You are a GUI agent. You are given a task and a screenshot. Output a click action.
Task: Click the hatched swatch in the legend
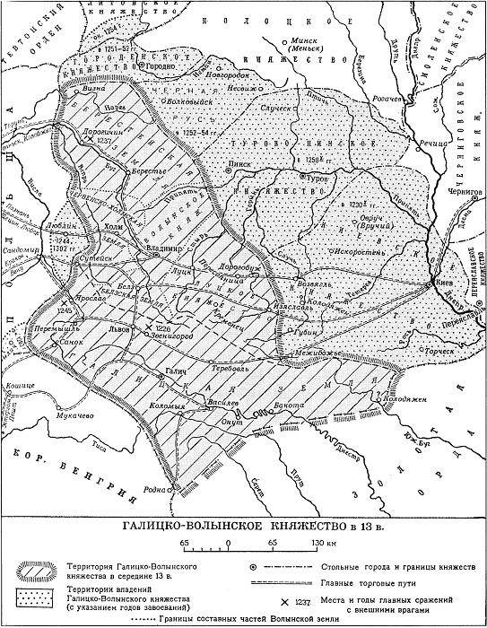point(33,571)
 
